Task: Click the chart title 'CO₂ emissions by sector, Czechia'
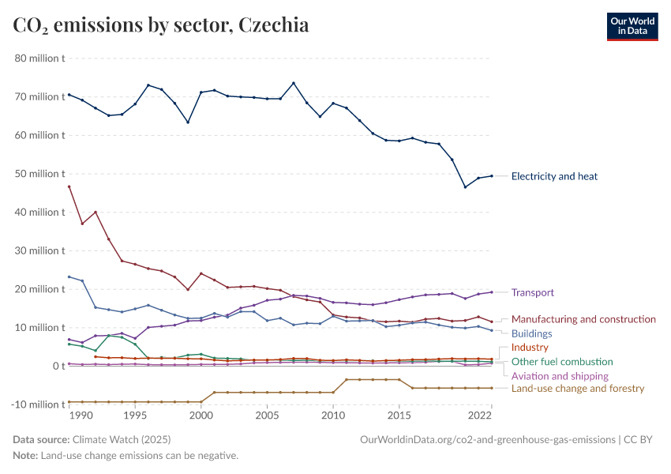point(161,25)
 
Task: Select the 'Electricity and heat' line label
point(554,176)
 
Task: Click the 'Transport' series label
point(533,292)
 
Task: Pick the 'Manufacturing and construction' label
point(583,319)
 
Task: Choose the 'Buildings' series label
point(531,333)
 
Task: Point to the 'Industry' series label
point(530,348)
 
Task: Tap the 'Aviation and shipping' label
point(560,376)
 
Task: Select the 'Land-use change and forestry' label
point(578,389)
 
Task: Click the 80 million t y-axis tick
point(39,58)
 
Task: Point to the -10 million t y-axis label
point(37,404)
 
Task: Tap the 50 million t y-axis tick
point(39,174)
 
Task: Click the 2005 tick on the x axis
point(267,416)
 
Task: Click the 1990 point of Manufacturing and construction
point(69,186)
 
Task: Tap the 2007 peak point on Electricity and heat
point(294,83)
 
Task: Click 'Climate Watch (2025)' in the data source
point(121,439)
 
